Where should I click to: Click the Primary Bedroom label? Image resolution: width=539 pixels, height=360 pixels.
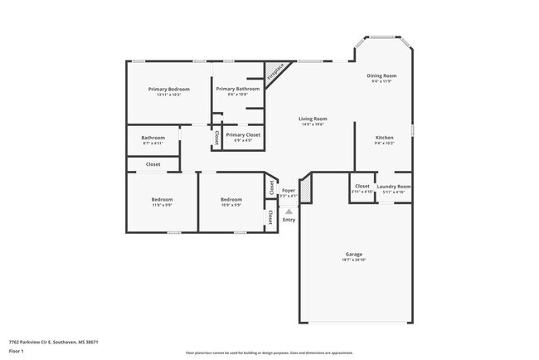coord(169,89)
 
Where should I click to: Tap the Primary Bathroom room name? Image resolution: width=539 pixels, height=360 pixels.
coord(238,89)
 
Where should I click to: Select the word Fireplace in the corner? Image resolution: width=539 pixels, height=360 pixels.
coord(274,72)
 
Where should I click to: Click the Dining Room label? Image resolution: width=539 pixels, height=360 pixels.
coord(382,75)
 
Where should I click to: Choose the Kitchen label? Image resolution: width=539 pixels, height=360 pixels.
coord(384,137)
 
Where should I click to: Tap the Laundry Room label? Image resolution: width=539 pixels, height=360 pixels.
coord(394,186)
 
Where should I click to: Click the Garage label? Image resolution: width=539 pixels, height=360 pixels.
coord(354,254)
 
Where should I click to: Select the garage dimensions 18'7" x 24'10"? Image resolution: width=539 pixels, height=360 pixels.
coord(354,260)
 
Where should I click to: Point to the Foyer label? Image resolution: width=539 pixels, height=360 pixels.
coord(289,191)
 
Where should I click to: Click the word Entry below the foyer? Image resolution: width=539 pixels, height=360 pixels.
coord(289,219)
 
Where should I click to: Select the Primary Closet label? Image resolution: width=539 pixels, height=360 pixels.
coord(243,134)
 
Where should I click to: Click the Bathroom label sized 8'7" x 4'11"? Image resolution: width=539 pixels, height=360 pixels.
coord(153,138)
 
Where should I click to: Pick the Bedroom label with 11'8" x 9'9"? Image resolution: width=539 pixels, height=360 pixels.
coord(162,199)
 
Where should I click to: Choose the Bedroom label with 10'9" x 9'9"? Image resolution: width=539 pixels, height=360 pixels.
coord(231,199)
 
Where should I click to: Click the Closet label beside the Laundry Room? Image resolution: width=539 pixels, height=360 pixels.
coord(362,186)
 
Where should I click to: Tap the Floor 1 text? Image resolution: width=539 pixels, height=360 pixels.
coord(17,352)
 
